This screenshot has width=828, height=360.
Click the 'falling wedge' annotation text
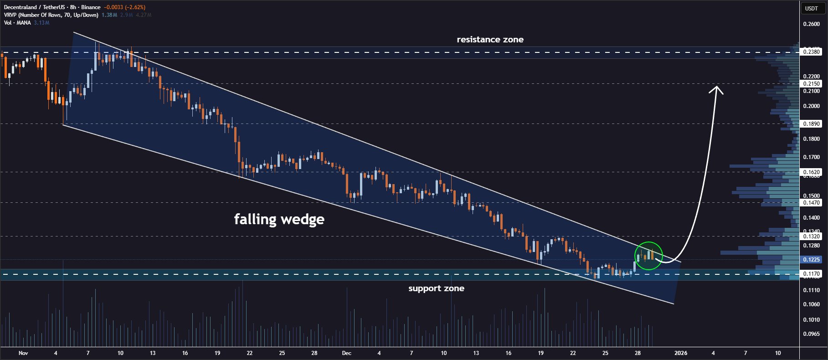pos(279,219)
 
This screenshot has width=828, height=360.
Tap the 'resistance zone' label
pos(490,40)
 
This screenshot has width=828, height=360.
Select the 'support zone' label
pos(436,288)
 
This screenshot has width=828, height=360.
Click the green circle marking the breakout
pos(648,256)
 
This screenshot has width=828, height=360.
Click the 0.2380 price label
pos(811,52)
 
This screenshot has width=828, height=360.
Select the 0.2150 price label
pos(811,84)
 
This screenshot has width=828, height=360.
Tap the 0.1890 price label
pos(811,124)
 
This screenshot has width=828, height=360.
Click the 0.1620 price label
pos(811,172)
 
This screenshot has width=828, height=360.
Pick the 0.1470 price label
pos(811,203)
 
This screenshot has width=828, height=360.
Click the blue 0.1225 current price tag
pos(811,260)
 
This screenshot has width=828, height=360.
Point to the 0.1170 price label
pos(811,274)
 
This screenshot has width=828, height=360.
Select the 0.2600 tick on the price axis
pos(811,24)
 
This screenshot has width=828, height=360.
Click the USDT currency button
pos(811,8)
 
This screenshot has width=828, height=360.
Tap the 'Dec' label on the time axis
pos(346,353)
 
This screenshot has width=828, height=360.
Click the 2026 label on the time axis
pos(681,353)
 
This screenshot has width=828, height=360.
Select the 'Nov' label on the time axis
pos(23,353)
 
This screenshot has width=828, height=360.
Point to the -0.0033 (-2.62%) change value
pos(124,7)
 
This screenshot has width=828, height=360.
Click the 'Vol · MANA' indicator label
pos(17,23)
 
